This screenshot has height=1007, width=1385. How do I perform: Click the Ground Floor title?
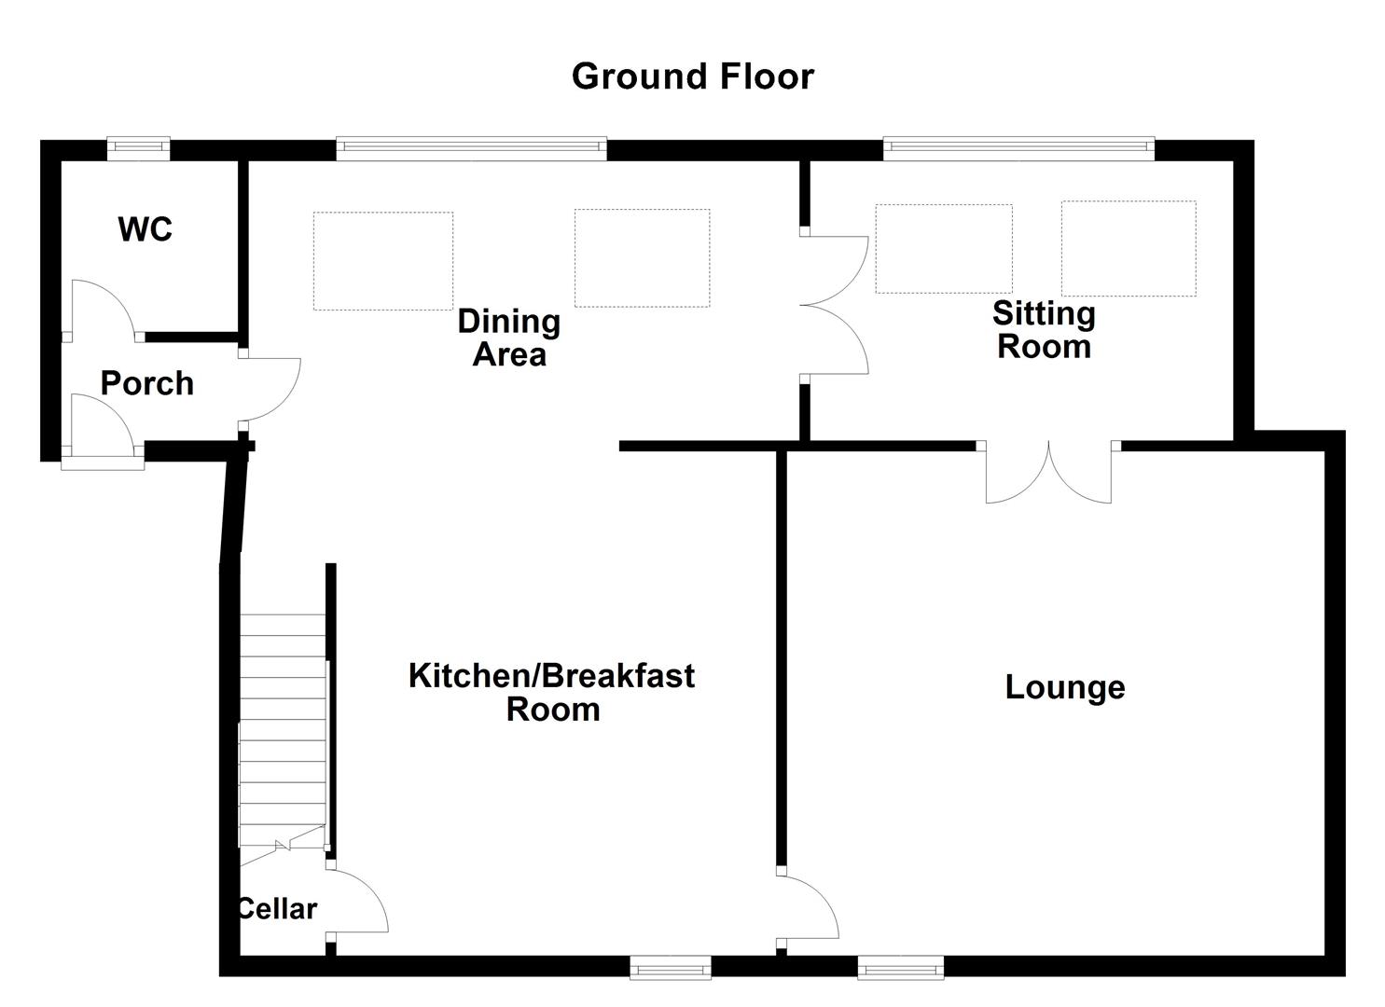pyautogui.click(x=692, y=76)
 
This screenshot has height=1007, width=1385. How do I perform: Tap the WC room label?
pyautogui.click(x=145, y=228)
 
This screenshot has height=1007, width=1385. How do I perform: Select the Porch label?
pyautogui.click(x=147, y=383)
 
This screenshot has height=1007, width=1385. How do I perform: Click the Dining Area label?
pyautogui.click(x=509, y=338)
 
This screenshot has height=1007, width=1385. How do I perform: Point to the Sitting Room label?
pyautogui.click(x=1044, y=329)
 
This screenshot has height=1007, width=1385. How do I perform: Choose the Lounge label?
pyautogui.click(x=1065, y=687)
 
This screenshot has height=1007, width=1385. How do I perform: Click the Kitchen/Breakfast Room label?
pyautogui.click(x=552, y=692)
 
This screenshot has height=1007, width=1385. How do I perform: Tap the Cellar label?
pyautogui.click(x=277, y=908)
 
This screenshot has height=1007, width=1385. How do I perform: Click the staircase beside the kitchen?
pyautogui.click(x=283, y=727)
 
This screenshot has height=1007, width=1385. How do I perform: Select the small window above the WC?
pyautogui.click(x=138, y=145)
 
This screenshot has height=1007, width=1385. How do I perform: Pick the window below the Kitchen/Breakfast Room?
pyautogui.click(x=671, y=969)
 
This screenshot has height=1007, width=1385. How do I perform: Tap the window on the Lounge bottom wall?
pyautogui.click(x=900, y=969)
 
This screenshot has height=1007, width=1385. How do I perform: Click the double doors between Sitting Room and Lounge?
pyautogui.click(x=1049, y=474)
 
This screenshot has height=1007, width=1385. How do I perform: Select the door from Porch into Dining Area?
pyautogui.click(x=270, y=388)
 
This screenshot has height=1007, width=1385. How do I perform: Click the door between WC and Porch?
pyautogui.click(x=103, y=308)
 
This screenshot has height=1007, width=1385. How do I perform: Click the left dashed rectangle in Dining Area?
pyautogui.click(x=383, y=260)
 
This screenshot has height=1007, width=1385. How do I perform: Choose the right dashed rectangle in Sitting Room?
pyautogui.click(x=1129, y=248)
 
